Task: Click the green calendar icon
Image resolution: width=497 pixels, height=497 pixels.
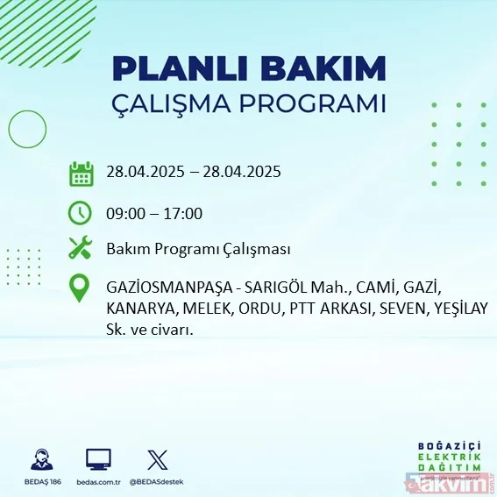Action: pos(82,173)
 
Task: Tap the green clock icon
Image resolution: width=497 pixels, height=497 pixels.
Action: pos(81,212)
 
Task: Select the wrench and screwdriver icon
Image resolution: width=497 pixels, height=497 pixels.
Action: pos(81,249)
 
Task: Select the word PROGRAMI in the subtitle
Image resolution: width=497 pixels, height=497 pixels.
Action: pos(322,103)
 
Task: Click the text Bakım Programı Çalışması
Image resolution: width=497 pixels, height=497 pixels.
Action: pos(197,250)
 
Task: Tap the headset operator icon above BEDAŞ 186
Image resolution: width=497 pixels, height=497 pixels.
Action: pos(41,459)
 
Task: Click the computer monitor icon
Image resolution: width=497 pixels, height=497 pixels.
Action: pos(98,459)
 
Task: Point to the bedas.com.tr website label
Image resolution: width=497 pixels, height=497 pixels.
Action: pos(99,483)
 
